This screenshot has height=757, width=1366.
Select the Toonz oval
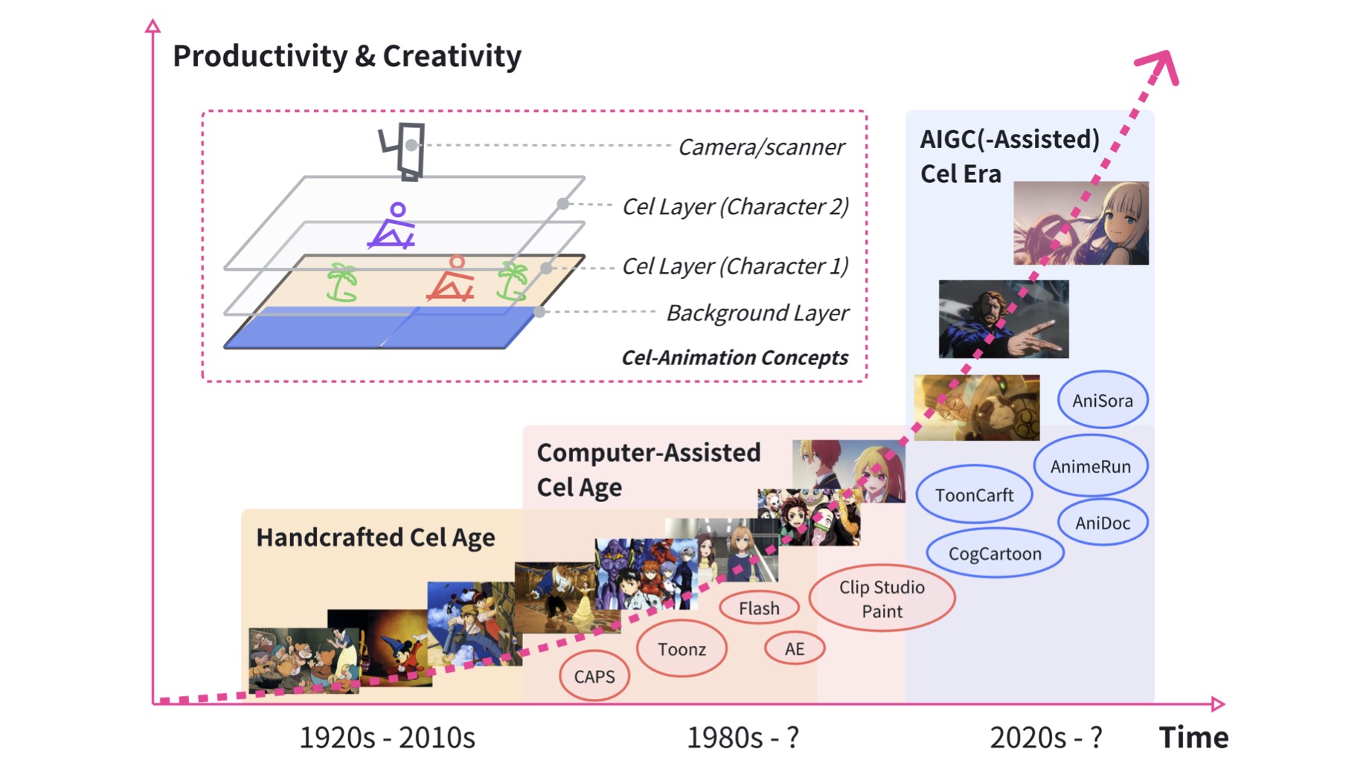click(682, 649)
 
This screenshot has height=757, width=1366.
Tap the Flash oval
click(759, 608)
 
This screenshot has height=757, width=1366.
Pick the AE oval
click(795, 648)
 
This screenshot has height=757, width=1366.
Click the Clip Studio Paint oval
click(882, 599)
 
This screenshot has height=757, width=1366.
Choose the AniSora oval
click(1103, 400)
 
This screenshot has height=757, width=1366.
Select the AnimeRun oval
click(1091, 466)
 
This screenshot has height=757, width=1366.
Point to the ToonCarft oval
click(974, 495)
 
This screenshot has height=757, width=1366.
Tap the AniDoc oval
click(1103, 523)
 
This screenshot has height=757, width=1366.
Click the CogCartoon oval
click(995, 553)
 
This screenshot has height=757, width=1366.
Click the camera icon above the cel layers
click(403, 151)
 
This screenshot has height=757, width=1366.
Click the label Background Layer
click(757, 313)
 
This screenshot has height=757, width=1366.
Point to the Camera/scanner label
click(761, 147)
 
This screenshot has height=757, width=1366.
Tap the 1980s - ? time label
click(743, 737)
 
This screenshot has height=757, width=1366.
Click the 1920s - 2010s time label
click(387, 737)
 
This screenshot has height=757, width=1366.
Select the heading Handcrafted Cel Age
click(376, 537)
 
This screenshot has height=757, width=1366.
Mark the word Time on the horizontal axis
click(1193, 737)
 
